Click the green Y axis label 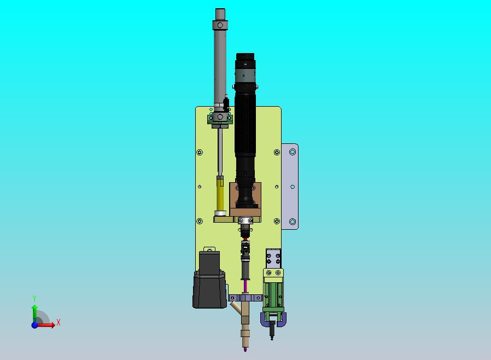(34, 298)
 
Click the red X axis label (59, 322)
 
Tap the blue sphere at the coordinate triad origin (34, 325)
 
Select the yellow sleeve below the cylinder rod (220, 193)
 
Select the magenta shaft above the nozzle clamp (245, 286)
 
